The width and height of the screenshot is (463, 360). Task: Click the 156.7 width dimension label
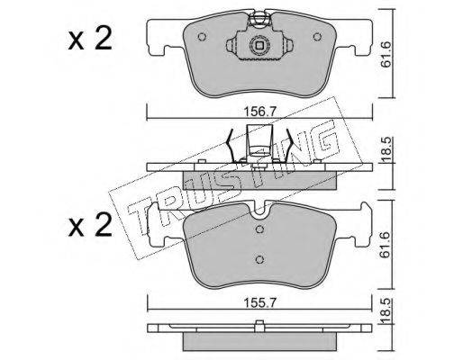pyautogui.click(x=259, y=112)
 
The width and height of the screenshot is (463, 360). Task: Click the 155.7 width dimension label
pyautogui.click(x=259, y=303)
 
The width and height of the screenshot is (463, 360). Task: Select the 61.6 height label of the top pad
pyautogui.click(x=386, y=54)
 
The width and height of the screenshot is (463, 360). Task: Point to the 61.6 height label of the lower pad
pyautogui.click(x=386, y=245)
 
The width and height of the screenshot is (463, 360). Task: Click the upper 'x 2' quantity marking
pyautogui.click(x=90, y=39)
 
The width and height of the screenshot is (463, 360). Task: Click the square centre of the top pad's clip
pyautogui.click(x=259, y=46)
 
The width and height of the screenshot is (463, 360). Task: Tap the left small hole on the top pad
pyautogui.click(x=202, y=37)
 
